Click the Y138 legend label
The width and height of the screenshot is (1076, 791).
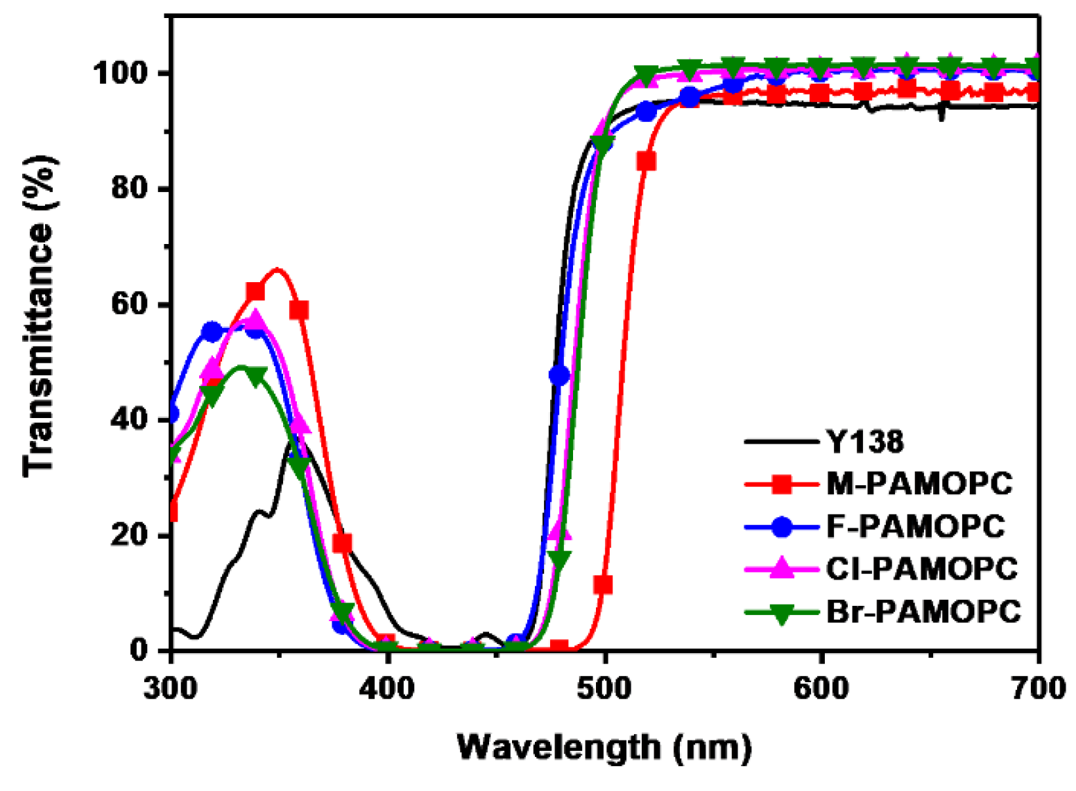pos(864,441)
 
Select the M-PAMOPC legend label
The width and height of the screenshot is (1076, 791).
pos(919,483)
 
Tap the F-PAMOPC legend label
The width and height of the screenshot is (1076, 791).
pos(915,526)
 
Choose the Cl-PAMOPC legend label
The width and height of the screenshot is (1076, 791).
pos(921,568)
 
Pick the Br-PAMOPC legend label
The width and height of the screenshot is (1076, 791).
pos(923,611)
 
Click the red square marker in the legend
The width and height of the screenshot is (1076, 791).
pos(782,484)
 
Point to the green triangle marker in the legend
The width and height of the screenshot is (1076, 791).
pos(782,613)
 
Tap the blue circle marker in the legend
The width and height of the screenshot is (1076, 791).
pos(782,527)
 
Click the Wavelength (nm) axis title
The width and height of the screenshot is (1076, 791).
pos(604,747)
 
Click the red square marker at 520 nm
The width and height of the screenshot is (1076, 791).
pos(647,162)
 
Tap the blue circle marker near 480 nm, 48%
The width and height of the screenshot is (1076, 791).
pos(559,375)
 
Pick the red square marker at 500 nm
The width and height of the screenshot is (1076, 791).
pos(604,584)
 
